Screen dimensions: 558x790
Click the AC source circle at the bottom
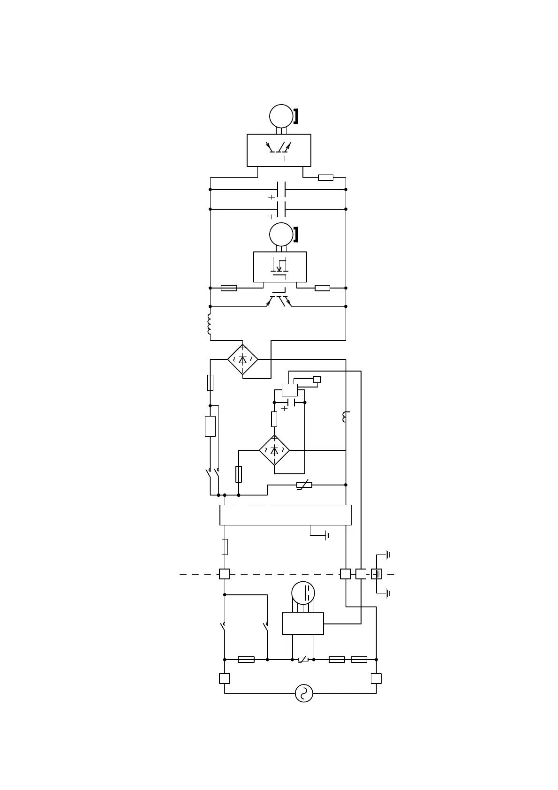coord(304,693)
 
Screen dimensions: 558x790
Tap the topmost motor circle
coord(281,116)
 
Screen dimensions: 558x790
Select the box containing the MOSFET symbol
coord(280,267)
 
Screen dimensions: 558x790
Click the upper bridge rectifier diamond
coord(242,360)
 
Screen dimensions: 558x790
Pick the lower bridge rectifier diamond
coord(274,450)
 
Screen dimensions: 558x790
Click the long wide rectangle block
coord(285,515)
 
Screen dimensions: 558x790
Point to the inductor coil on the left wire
coord(210,324)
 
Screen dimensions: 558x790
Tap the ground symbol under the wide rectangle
coord(327,535)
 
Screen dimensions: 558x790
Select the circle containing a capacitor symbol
coord(303,592)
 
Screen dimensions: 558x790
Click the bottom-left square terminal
coord(225,678)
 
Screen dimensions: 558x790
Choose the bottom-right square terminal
coord(376,678)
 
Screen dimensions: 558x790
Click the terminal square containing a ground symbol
coord(377,574)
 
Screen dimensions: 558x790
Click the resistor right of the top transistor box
coord(325,177)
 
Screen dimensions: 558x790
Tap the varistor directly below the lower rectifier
coord(304,485)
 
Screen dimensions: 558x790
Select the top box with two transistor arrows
coord(279,150)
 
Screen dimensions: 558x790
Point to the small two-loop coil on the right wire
coord(347,417)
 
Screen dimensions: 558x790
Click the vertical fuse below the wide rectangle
coord(225,547)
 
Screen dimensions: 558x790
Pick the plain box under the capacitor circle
coord(302,623)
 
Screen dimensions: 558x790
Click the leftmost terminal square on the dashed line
coord(225,574)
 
